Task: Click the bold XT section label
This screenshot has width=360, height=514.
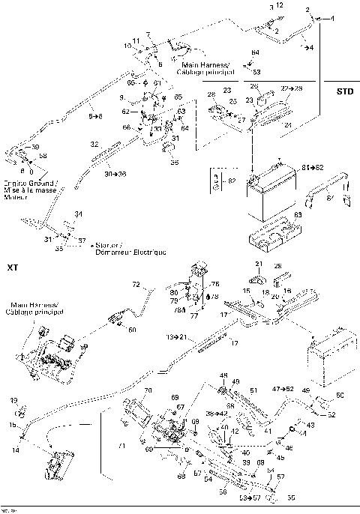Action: tap(11, 267)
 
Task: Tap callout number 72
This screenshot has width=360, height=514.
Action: tap(136, 285)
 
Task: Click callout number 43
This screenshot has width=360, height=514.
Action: tap(310, 425)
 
